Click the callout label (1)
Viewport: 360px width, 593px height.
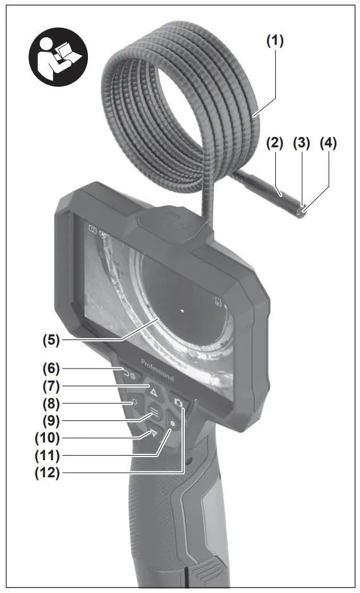pos(275,40)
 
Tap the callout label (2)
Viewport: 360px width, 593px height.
pos(275,143)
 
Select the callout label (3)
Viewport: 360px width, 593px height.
pos(301,143)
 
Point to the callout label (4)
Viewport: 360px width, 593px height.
pos(328,143)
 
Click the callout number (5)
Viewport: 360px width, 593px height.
pos(51,339)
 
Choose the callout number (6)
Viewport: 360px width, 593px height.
pos(51,368)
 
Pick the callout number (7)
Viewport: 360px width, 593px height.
pos(51,386)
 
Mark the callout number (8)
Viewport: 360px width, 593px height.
pos(51,403)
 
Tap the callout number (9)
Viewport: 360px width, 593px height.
pos(51,420)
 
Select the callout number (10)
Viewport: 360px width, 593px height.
pos(47,438)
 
